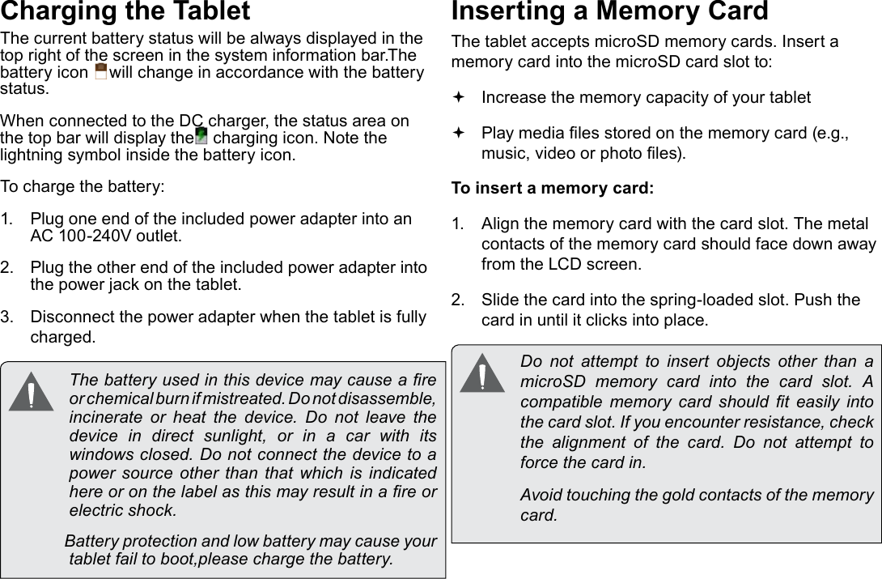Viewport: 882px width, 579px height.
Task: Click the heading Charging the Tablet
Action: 125,12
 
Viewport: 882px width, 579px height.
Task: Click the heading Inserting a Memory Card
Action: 608,12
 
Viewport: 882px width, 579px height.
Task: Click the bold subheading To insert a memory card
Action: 552,189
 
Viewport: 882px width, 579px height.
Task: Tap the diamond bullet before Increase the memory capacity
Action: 459,98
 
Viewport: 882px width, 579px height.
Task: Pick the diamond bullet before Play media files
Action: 459,133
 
